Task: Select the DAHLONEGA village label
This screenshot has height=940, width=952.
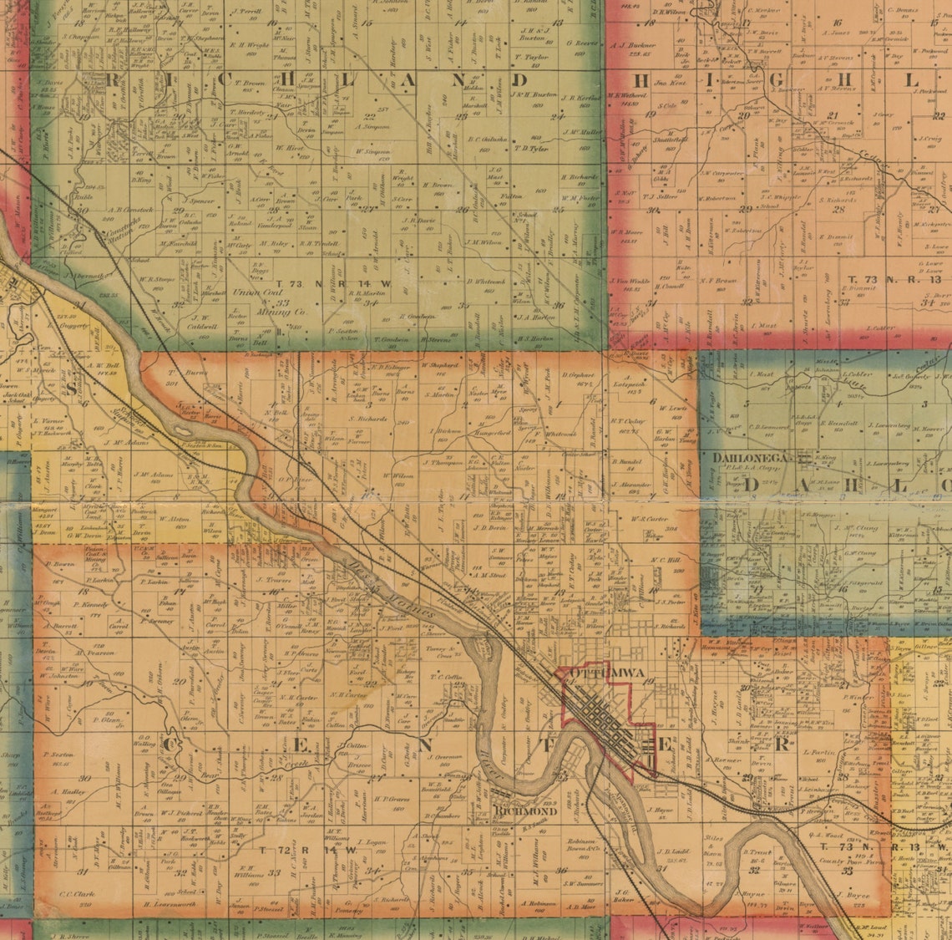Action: tap(751, 458)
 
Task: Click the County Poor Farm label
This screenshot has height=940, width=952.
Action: tap(844, 861)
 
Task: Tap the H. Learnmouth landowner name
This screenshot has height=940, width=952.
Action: tap(168, 905)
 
